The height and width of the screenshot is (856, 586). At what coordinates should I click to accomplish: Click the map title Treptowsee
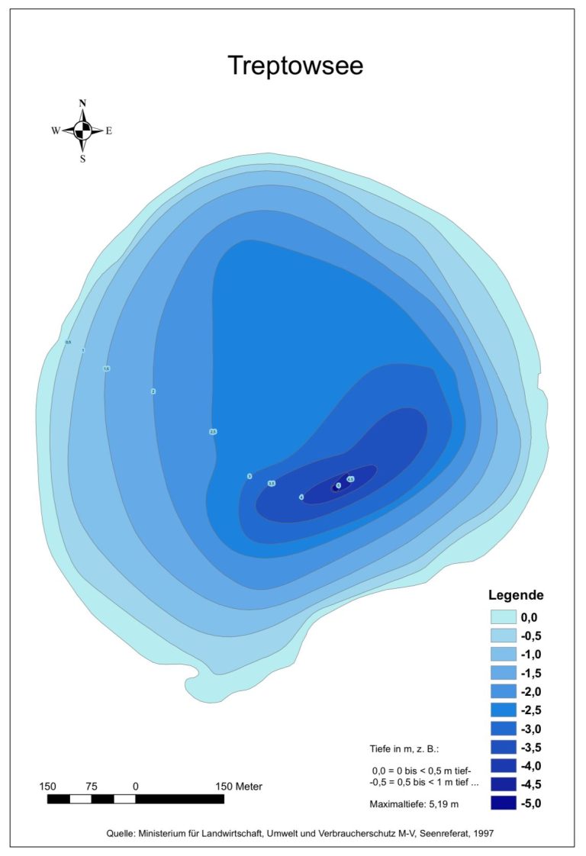295,66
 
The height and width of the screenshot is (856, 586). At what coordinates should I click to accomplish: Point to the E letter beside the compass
108,130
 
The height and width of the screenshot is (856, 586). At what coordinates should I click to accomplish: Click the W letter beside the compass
56,130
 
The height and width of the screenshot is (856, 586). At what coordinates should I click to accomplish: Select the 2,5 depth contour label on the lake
213,432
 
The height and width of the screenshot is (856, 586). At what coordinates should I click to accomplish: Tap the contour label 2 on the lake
153,391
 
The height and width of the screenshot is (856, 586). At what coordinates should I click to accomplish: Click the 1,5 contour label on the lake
107,368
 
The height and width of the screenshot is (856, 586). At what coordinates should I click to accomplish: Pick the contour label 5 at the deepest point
338,485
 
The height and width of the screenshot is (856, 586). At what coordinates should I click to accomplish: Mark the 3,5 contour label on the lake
271,483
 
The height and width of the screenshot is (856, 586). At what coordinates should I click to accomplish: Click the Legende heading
516,595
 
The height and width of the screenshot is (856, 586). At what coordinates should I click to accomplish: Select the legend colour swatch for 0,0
502,617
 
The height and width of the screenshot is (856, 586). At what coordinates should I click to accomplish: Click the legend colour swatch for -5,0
502,803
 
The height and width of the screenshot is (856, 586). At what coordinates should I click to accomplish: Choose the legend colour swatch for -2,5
502,710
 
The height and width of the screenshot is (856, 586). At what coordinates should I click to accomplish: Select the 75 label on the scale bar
92,786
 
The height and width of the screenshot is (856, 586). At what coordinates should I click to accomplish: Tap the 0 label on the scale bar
136,786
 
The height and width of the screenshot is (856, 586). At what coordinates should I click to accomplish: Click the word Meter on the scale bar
249,786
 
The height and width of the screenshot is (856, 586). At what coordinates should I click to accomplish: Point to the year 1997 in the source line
482,833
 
